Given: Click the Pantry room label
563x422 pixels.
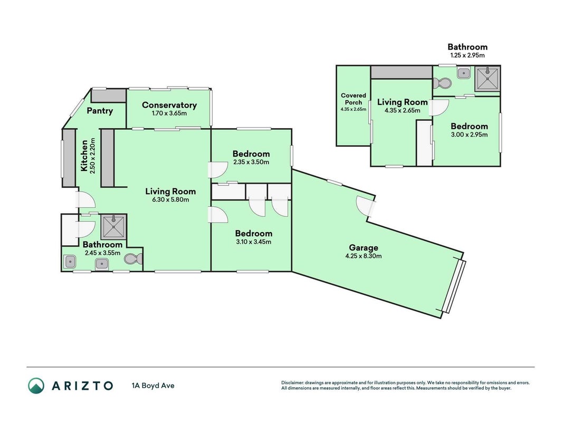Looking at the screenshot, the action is (100, 111).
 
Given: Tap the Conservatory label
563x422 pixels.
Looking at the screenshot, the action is (169, 105).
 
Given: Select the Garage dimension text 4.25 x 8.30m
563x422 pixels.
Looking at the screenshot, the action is (364, 256).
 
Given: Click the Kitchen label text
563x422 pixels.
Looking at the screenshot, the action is (84, 156).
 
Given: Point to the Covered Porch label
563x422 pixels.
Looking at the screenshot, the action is (354, 99).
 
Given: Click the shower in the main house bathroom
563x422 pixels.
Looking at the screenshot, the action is (113, 227).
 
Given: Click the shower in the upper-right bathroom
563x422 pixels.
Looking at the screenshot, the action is (487, 78).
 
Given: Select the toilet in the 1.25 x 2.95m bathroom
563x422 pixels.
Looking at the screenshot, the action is (441, 83).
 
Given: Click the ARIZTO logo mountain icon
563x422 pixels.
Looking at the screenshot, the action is (36, 386).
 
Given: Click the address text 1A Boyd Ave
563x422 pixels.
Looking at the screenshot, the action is (153, 386).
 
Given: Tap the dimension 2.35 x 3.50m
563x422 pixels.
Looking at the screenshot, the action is (251, 162).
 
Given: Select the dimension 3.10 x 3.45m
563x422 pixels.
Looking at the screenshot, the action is (253, 242).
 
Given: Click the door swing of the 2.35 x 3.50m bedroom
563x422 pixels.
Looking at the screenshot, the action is (217, 170).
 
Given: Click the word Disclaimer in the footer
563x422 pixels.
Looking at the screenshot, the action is (292, 383).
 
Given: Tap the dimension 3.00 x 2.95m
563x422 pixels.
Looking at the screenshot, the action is (469, 135).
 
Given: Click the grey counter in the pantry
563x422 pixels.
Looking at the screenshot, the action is (109, 96).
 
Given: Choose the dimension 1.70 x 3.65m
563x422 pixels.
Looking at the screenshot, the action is (169, 113).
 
